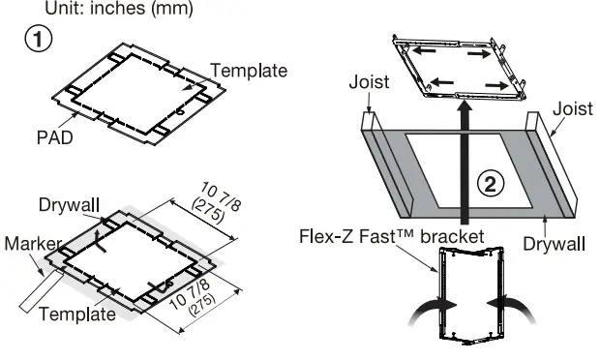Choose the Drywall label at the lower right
point(553,244)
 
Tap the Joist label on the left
point(369,83)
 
